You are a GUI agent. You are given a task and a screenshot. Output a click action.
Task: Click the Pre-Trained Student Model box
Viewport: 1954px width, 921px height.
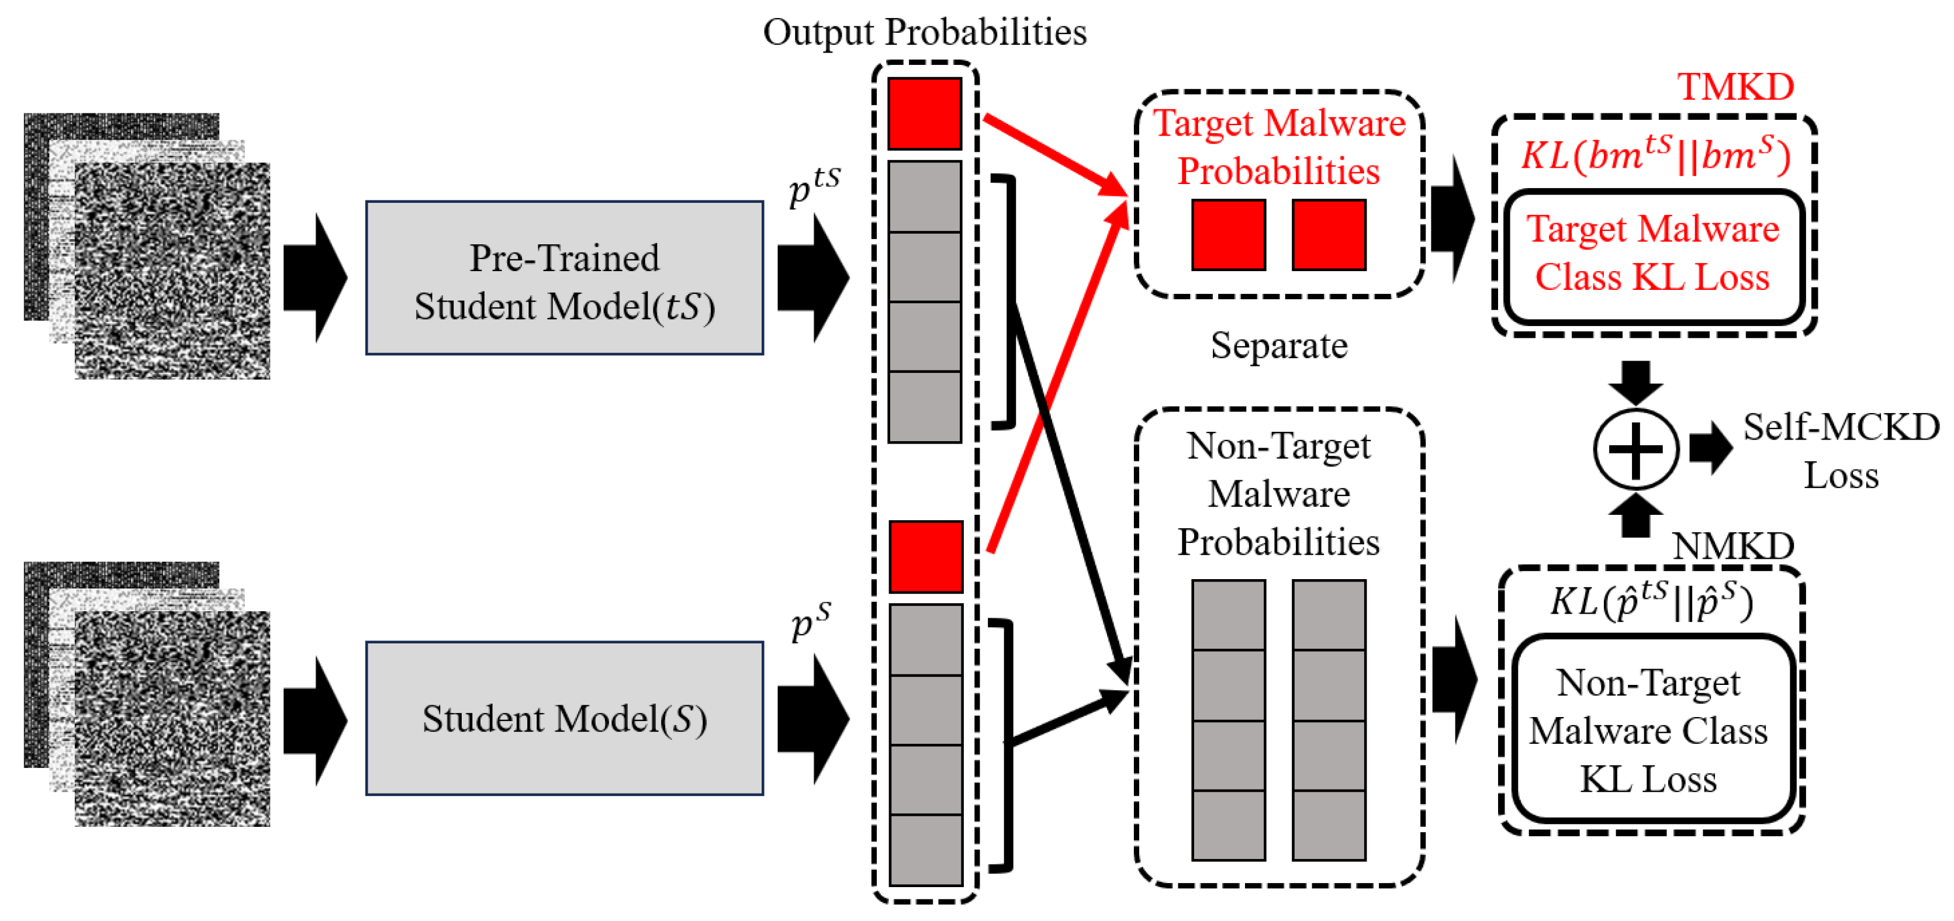click(x=565, y=278)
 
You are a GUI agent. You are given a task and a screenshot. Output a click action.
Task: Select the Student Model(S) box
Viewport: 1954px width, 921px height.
click(x=565, y=718)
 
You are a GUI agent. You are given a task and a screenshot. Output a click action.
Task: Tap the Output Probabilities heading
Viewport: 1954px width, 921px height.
click(x=924, y=32)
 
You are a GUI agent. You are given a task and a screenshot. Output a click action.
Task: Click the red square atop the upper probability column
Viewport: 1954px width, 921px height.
click(x=925, y=114)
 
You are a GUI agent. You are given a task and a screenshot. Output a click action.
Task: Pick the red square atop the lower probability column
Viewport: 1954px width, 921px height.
click(x=925, y=557)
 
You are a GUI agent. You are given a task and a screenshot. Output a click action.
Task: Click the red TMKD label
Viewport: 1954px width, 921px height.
click(x=1735, y=86)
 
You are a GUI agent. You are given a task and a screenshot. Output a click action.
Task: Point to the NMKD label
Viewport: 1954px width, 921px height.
click(x=1732, y=545)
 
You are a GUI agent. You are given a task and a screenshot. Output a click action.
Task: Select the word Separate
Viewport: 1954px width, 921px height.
click(x=1279, y=345)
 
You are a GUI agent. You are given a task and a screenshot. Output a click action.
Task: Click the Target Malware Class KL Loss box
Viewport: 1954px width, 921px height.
click(x=1653, y=254)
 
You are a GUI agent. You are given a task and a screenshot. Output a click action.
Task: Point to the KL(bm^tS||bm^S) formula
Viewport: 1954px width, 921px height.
click(x=1655, y=155)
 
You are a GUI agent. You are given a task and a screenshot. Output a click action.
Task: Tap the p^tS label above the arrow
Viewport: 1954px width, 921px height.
click(x=814, y=184)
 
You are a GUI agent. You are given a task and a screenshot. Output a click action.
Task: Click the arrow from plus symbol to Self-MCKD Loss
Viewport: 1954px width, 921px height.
click(x=1710, y=448)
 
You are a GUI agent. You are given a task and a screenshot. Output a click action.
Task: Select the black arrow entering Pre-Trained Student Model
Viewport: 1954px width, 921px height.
click(x=315, y=278)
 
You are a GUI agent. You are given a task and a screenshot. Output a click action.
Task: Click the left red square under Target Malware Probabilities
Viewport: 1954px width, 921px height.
click(x=1228, y=234)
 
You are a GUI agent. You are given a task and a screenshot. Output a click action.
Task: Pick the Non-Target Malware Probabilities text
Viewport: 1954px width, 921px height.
click(x=1279, y=493)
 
